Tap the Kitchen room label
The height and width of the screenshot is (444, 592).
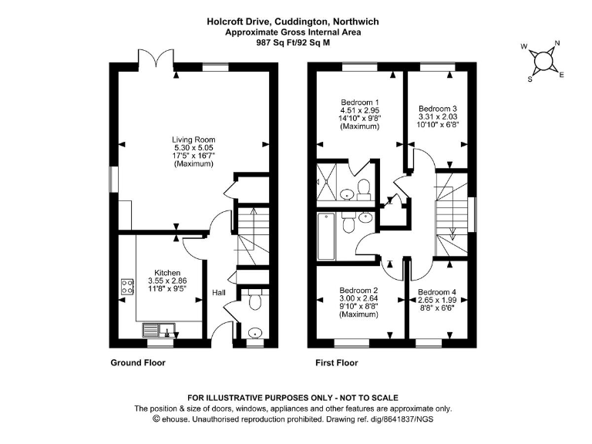pos(167,273)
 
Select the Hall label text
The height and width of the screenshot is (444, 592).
pos(220,293)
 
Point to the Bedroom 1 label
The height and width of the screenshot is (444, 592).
pos(360,103)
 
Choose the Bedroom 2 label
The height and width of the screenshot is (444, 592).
pos(359,291)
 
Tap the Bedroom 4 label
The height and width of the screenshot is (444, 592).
pos(437,292)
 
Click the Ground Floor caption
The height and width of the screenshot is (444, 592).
pos(139,362)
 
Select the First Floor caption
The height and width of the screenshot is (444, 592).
pos(337,362)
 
